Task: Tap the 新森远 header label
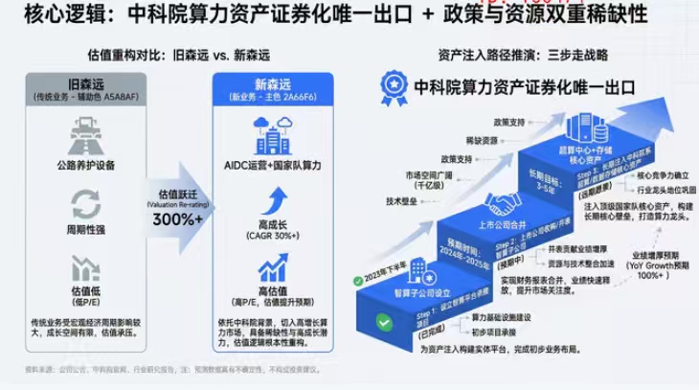260,85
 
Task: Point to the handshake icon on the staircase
503,204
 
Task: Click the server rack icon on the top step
584,130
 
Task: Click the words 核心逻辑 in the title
44,15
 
